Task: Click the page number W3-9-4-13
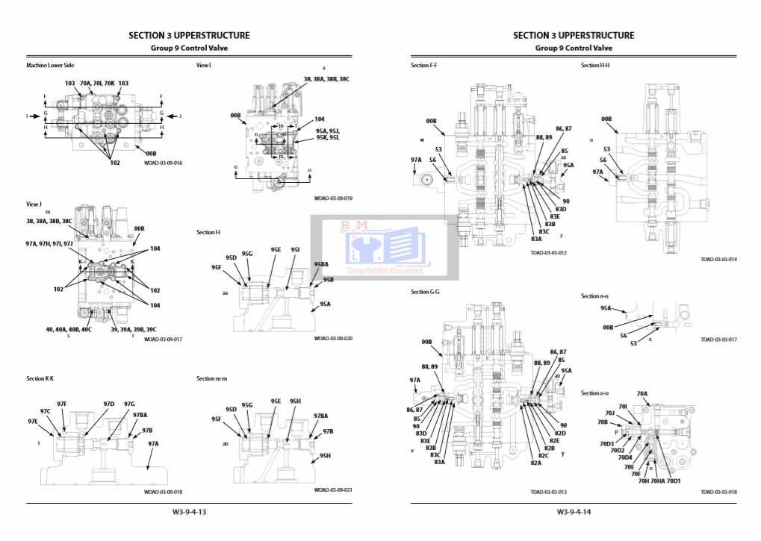(189, 512)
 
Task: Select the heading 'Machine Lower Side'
(50, 66)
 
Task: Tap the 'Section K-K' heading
(40, 378)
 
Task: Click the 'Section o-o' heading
(595, 393)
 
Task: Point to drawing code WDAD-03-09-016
(163, 163)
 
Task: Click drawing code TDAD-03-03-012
(548, 253)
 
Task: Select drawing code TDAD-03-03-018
(718, 492)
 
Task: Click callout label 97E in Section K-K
(33, 421)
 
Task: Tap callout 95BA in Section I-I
(321, 264)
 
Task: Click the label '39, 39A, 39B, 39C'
(133, 329)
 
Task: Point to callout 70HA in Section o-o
(657, 481)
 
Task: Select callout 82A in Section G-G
(535, 463)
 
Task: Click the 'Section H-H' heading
(595, 66)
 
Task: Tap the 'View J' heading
(35, 204)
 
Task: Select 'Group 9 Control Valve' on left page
(189, 48)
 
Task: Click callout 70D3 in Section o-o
(606, 443)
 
